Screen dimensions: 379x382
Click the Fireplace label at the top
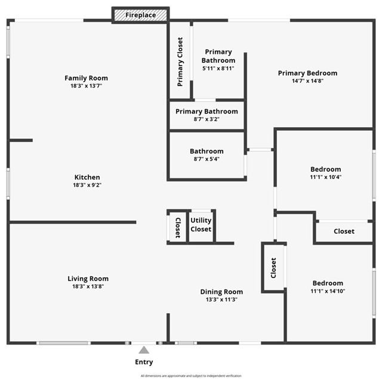pyautogui.click(x=141, y=15)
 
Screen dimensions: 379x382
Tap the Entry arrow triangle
pyautogui.click(x=144, y=350)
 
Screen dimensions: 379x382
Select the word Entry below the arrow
pyautogui.click(x=144, y=362)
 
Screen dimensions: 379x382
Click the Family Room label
pyautogui.click(x=87, y=78)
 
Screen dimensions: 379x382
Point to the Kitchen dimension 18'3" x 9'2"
pyautogui.click(x=87, y=185)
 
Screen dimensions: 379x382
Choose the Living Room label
pyautogui.click(x=88, y=279)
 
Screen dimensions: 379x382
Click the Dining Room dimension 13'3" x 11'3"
pyautogui.click(x=221, y=300)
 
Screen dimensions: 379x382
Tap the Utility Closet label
pyautogui.click(x=201, y=225)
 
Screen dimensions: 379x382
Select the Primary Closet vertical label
pyautogui.click(x=180, y=62)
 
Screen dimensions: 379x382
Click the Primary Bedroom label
pyautogui.click(x=307, y=73)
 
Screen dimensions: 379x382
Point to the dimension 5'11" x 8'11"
pyautogui.click(x=218, y=69)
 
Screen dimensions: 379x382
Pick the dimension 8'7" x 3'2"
pyautogui.click(x=207, y=119)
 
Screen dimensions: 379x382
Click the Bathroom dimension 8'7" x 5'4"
pyautogui.click(x=207, y=159)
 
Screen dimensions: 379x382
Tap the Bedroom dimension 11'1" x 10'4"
pyautogui.click(x=325, y=177)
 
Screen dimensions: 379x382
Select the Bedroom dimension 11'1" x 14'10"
pyautogui.click(x=328, y=291)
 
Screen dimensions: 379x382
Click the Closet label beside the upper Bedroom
pyautogui.click(x=344, y=232)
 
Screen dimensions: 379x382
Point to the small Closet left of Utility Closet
pyautogui.click(x=178, y=227)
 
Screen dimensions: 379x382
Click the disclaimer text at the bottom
pyautogui.click(x=191, y=376)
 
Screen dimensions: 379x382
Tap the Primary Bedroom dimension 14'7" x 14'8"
pyautogui.click(x=307, y=81)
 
